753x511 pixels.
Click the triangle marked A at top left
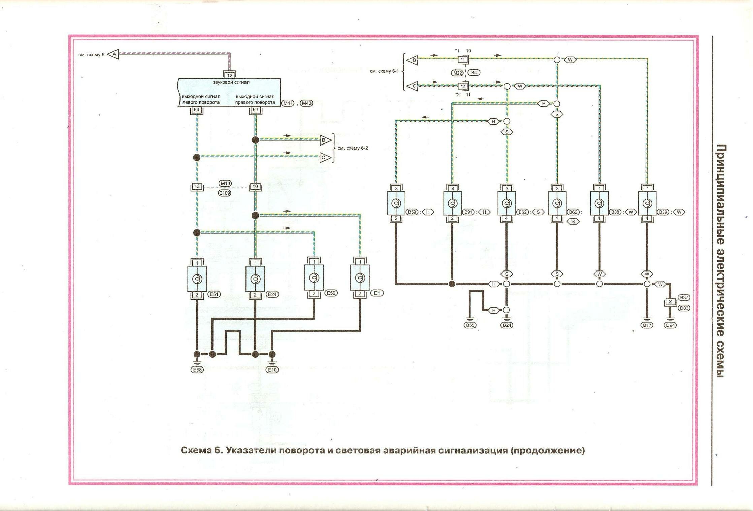click(114, 54)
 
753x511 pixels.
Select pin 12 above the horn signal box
click(230, 75)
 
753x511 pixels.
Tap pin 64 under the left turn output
click(197, 110)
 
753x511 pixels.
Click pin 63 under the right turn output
click(255, 110)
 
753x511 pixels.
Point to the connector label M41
click(288, 103)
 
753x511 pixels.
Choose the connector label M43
click(306, 103)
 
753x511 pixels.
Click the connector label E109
click(225, 193)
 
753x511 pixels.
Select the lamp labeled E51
click(197, 279)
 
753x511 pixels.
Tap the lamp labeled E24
click(255, 279)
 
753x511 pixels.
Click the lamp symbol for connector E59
click(314, 278)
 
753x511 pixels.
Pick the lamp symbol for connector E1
click(360, 278)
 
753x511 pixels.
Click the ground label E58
click(197, 370)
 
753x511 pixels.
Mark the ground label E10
click(272, 370)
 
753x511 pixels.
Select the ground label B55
click(470, 325)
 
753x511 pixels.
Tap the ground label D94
click(670, 325)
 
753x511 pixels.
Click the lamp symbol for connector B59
click(396, 203)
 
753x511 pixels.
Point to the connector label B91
click(468, 212)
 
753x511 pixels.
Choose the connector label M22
click(457, 73)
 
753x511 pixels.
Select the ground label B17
click(647, 325)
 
